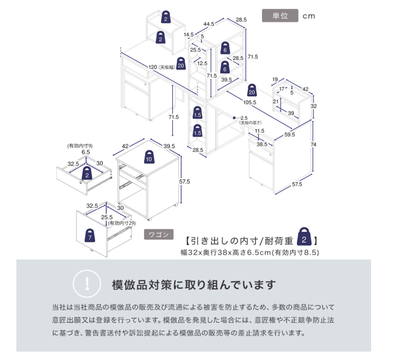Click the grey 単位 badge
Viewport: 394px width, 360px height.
pyautogui.click(x=280, y=15)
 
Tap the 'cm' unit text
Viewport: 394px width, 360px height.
pyautogui.click(x=309, y=16)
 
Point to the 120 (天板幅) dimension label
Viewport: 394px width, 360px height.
pyautogui.click(x=161, y=67)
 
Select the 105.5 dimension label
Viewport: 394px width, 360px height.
pyautogui.click(x=249, y=102)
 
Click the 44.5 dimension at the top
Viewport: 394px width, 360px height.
pyautogui.click(x=209, y=24)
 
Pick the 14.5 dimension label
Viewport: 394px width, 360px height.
pyautogui.click(x=189, y=35)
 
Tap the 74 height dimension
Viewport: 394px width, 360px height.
pyautogui.click(x=314, y=144)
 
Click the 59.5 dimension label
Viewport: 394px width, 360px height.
pyautogui.click(x=290, y=135)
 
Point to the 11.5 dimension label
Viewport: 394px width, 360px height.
pyautogui.click(x=259, y=131)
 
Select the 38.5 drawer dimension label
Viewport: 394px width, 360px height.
pyautogui.click(x=262, y=144)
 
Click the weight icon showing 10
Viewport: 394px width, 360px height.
pyautogui.click(x=149, y=157)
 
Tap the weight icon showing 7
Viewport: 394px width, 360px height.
pyautogui.click(x=90, y=235)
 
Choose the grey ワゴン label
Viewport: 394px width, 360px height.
pyautogui.click(x=159, y=235)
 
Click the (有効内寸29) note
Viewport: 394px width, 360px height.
pyautogui.click(x=122, y=223)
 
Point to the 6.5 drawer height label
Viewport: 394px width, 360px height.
pyautogui.click(x=86, y=152)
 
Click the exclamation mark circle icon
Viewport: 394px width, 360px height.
pyautogui.click(x=87, y=284)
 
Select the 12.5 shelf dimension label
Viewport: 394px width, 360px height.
pyautogui.click(x=202, y=63)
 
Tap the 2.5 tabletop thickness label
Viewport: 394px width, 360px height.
pyautogui.click(x=244, y=118)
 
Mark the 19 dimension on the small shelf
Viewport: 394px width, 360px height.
pyautogui.click(x=275, y=79)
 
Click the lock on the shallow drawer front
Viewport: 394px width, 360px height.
pyautogui.click(x=80, y=183)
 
